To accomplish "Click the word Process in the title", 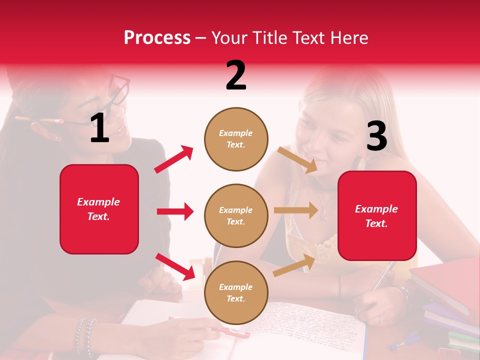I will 157,37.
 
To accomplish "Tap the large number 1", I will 99,128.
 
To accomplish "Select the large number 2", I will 236,75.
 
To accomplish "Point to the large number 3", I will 376,136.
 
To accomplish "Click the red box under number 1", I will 99,209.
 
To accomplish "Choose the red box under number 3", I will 377,216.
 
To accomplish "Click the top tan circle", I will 236,139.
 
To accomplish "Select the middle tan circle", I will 236,216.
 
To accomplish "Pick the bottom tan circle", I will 236,293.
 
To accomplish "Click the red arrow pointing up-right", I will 174,159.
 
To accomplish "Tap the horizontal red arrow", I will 175,211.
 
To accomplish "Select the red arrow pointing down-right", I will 175,266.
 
